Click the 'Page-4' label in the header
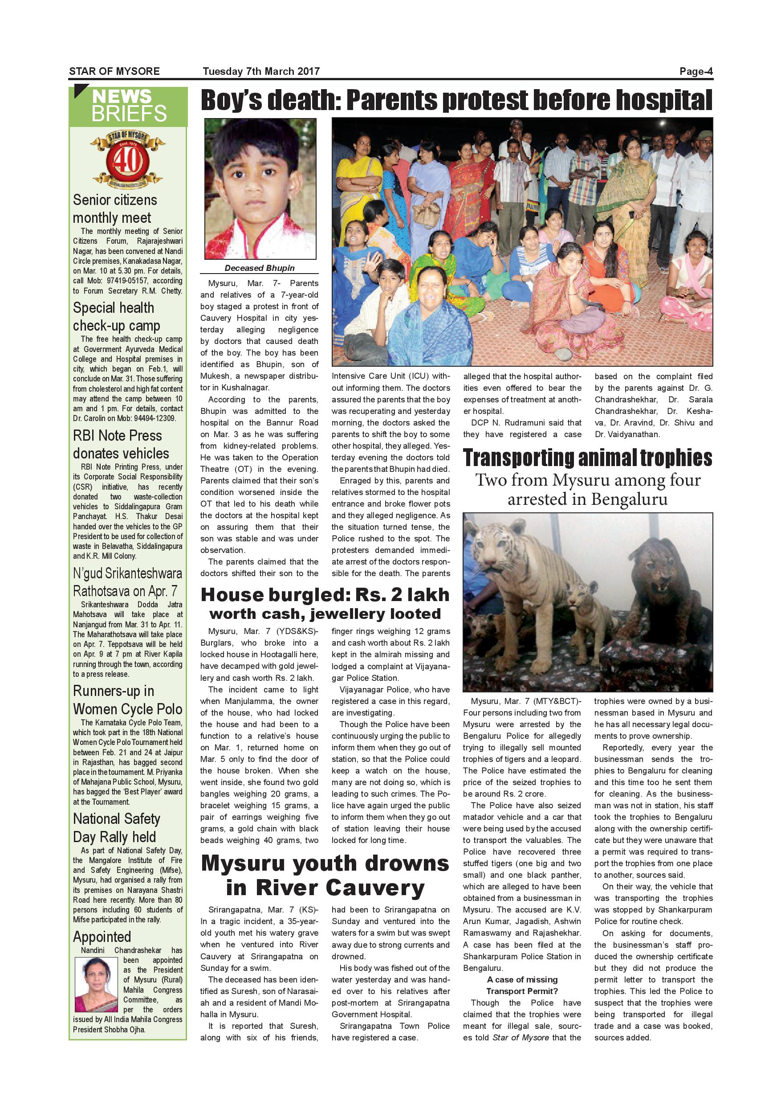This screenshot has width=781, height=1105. [696, 72]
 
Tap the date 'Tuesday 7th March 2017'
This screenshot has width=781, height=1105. [260, 72]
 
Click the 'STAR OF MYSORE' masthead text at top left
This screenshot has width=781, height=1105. [114, 72]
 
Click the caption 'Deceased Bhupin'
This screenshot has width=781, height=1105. [260, 268]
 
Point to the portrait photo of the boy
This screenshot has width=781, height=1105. [260, 188]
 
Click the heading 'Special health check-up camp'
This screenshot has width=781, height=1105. [116, 316]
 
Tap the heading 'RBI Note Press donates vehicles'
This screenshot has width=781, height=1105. [121, 444]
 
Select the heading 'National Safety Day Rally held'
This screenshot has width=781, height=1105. [116, 827]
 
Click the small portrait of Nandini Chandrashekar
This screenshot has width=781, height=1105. [96, 984]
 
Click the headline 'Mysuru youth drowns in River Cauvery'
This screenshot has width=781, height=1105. [325, 876]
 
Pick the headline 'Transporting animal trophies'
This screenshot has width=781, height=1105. [587, 458]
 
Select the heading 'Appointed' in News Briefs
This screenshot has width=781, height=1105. [102, 937]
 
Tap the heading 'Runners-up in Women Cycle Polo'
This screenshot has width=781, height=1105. [127, 700]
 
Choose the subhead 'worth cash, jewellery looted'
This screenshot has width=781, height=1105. [325, 614]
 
